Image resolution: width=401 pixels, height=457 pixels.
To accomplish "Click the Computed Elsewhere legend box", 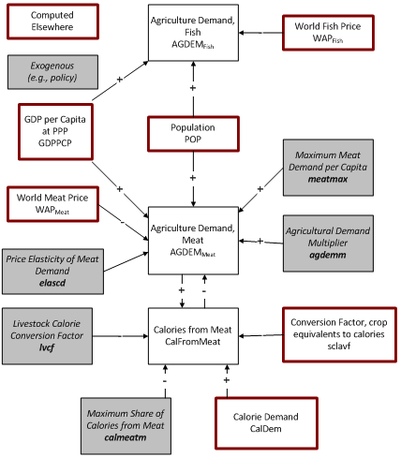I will pos(52,22).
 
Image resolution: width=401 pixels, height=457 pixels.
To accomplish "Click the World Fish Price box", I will pos(333,33).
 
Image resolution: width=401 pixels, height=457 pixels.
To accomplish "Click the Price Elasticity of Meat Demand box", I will pos(53,264).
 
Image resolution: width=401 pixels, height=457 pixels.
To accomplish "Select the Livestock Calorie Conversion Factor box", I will pos(53,334).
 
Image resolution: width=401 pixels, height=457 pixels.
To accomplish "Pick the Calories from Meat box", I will pos(192,334).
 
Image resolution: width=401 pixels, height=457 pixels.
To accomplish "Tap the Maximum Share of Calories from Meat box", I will pos(124,419).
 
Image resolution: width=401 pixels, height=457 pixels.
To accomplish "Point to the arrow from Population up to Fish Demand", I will pos(192,90).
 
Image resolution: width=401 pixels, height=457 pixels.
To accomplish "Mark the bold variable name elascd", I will pos(53,278).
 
